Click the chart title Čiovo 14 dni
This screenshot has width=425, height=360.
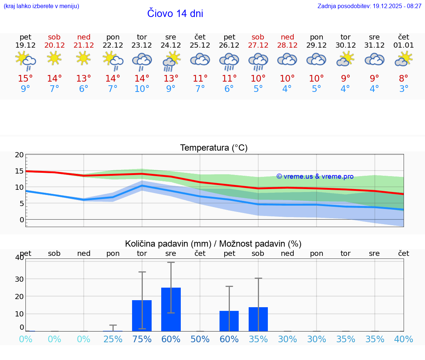[175, 14]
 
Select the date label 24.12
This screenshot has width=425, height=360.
[171, 45]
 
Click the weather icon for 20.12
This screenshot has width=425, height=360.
[55, 58]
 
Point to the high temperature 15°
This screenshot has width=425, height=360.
[25, 78]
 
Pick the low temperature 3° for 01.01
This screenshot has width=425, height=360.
[404, 89]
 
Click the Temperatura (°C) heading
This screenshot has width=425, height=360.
[214, 148]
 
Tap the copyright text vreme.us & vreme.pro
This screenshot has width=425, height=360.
[315, 176]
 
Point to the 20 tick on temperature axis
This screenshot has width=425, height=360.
[19, 155]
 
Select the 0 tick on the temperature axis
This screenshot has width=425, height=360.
[21, 220]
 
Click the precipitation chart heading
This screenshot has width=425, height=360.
[213, 244]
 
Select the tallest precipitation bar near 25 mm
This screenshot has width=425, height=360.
[171, 309]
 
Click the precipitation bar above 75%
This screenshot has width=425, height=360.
[142, 316]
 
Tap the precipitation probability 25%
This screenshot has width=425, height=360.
[113, 339]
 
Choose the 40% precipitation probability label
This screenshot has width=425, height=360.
[404, 339]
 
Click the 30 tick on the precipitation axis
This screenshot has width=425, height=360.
[19, 279]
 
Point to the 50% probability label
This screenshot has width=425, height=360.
[200, 339]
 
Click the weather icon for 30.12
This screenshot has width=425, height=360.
[345, 59]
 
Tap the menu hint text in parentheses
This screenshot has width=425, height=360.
[41, 6]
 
